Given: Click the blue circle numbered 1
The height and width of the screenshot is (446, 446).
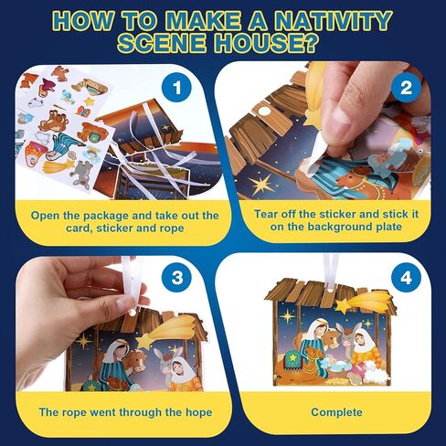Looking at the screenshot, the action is pyautogui.click(x=177, y=88).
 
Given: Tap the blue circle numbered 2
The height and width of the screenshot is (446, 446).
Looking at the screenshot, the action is pyautogui.click(x=406, y=88).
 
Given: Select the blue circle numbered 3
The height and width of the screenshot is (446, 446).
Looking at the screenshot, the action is pyautogui.click(x=177, y=278).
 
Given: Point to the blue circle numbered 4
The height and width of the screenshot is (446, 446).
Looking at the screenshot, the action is pyautogui.click(x=406, y=278).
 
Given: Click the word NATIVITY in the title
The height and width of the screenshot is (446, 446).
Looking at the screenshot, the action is pyautogui.click(x=332, y=21).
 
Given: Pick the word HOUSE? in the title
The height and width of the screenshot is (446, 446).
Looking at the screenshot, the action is pyautogui.click(x=263, y=44).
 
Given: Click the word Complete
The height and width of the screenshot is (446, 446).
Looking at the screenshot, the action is pyautogui.click(x=336, y=412).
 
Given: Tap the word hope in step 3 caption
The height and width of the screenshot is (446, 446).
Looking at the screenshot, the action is pyautogui.click(x=198, y=412).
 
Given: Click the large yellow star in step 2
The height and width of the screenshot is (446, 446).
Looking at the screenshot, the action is pyautogui.click(x=261, y=184).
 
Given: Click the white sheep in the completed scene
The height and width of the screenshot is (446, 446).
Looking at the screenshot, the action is pyautogui.click(x=376, y=372).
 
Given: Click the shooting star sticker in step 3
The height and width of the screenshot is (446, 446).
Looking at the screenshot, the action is pyautogui.click(x=169, y=331).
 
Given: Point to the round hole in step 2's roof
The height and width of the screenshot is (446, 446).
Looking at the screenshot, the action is pyautogui.click(x=264, y=111).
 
